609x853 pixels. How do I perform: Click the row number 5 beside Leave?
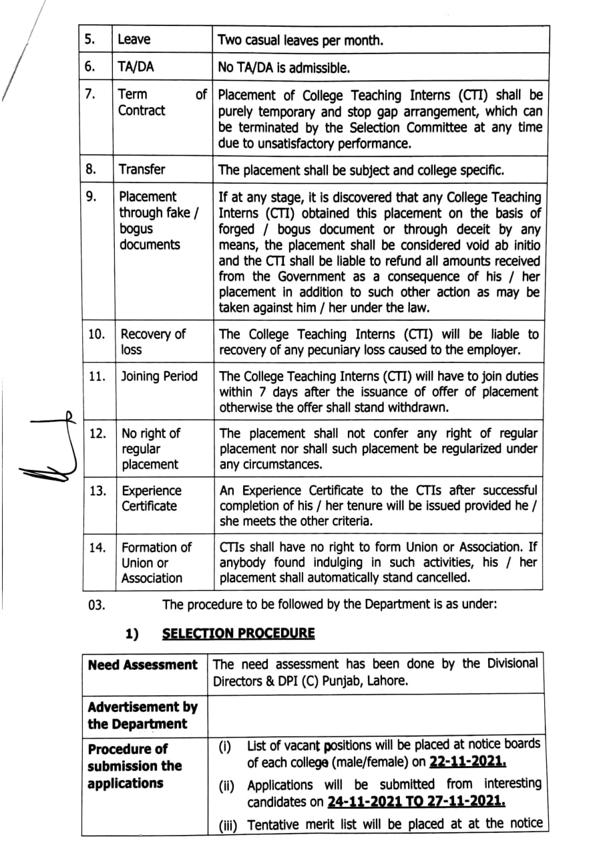(x=89, y=39)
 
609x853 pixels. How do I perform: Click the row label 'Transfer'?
(x=142, y=169)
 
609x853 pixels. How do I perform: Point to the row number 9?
(x=91, y=197)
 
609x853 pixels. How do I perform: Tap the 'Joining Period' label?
(x=159, y=376)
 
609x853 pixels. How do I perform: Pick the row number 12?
(x=97, y=433)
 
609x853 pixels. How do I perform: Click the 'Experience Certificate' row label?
(x=151, y=498)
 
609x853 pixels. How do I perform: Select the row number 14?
(x=97, y=547)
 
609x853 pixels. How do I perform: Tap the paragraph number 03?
(x=96, y=605)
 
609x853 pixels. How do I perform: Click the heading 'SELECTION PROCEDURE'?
(x=238, y=633)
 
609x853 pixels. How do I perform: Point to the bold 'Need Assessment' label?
(x=142, y=665)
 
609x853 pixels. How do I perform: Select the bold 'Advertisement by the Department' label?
(x=142, y=715)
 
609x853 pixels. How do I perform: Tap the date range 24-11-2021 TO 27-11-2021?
(x=416, y=802)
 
